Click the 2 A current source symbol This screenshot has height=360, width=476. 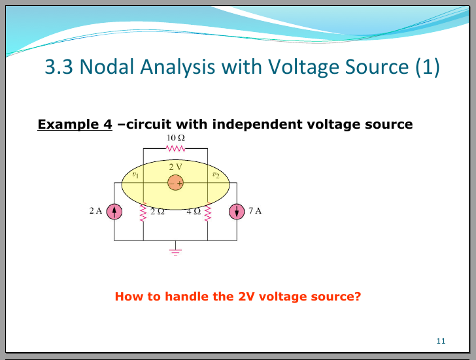(114, 212)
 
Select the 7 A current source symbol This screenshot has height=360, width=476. (236, 212)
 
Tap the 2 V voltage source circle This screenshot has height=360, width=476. (175, 184)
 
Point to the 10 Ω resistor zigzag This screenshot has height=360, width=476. (175, 148)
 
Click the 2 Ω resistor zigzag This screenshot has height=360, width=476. (143, 212)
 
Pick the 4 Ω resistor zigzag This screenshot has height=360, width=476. (208, 212)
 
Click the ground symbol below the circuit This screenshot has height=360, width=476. (175, 250)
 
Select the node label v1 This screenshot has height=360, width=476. (135, 175)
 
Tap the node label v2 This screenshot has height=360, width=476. (216, 175)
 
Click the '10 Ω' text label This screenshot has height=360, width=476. (175, 139)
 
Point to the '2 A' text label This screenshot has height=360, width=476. (96, 211)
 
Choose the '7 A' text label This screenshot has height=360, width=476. (255, 211)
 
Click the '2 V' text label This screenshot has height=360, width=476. (175, 167)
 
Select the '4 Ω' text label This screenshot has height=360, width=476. (194, 212)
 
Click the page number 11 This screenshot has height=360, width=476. (440, 341)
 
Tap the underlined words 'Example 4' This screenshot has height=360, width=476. (75, 124)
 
